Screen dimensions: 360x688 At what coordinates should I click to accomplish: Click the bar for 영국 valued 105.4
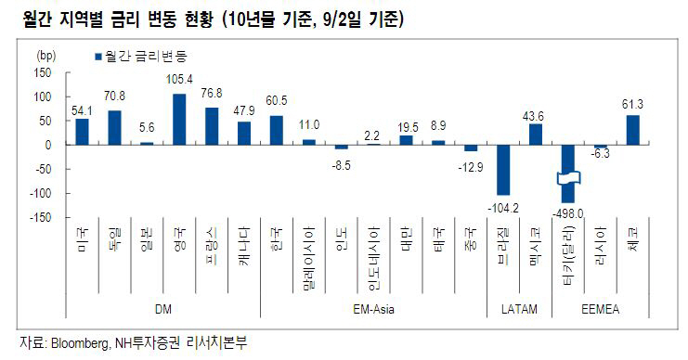(x=179, y=120)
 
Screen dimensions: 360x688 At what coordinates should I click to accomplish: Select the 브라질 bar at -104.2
(x=503, y=169)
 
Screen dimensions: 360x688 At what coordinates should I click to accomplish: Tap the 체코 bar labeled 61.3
(x=633, y=130)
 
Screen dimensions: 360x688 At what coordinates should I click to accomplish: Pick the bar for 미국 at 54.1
(x=83, y=132)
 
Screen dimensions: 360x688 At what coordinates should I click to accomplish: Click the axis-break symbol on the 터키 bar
(x=568, y=178)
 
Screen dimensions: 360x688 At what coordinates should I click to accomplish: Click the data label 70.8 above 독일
(x=115, y=95)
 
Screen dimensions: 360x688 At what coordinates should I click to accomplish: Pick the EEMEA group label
(x=601, y=306)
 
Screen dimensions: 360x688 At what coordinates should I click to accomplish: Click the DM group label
(x=164, y=306)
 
